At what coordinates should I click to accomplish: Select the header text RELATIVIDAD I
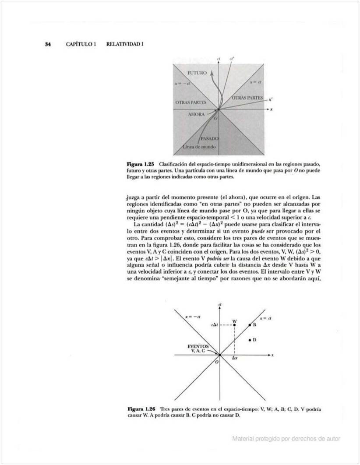point(125,44)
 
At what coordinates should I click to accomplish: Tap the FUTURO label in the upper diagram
point(197,73)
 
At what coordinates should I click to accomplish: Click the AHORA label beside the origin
point(196,114)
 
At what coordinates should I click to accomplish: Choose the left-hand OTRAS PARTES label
point(191,102)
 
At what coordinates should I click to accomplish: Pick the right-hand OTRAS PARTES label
point(247,97)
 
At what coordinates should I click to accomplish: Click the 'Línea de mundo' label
point(199,147)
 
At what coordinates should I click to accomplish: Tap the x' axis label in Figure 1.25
point(272,99)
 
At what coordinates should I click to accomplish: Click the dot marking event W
point(235,325)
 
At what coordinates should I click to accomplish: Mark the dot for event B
point(250,325)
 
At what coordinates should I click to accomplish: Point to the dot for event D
point(250,340)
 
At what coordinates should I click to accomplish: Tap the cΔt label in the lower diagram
point(214,325)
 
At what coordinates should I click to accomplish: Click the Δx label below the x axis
point(235,358)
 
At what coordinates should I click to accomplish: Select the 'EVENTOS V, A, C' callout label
point(198,349)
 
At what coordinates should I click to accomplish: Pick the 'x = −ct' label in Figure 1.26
point(193,316)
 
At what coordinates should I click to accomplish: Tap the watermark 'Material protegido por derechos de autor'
point(286,439)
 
